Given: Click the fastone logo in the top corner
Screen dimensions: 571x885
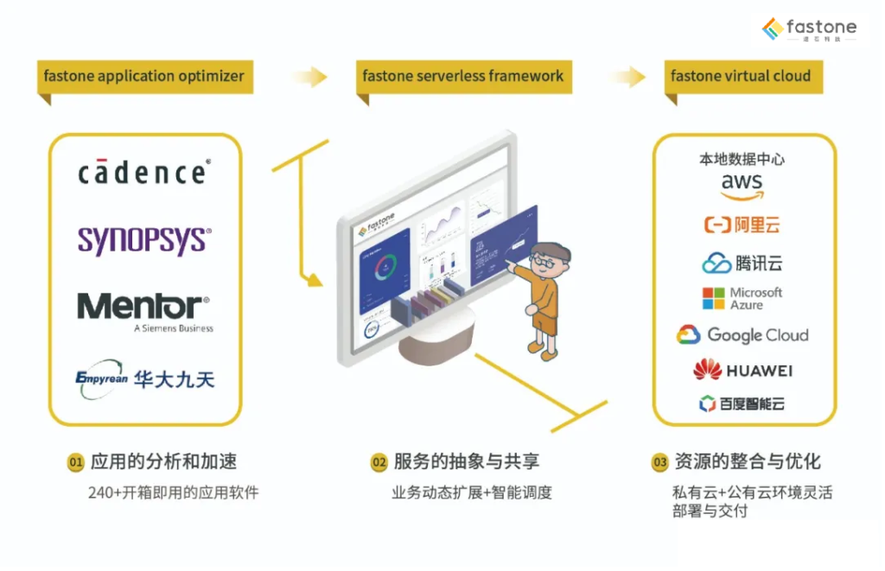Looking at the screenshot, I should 809,29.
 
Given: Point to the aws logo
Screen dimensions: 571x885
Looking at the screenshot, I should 742,185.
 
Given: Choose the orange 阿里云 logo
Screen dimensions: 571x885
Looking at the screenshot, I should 742,225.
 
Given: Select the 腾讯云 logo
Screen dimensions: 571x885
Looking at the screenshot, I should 742,263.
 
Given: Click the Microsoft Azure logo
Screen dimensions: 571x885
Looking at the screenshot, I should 742,299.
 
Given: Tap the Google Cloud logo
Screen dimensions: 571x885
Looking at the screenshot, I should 742,335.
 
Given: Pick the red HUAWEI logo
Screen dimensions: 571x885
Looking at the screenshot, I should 742,371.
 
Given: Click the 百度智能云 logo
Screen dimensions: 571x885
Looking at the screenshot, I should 742,403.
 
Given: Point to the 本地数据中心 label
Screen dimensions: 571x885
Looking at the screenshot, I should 742,160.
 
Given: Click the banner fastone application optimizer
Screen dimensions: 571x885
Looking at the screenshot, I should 144,76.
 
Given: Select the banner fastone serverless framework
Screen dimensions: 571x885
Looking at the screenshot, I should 463,76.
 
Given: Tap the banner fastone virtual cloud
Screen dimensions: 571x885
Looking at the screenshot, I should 741,76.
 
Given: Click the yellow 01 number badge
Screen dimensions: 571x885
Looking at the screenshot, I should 75,463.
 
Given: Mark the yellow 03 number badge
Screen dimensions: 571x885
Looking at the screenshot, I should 659,463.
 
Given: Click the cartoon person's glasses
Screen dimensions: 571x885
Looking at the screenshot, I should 544,259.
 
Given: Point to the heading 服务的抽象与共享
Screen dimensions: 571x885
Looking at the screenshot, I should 467,462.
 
